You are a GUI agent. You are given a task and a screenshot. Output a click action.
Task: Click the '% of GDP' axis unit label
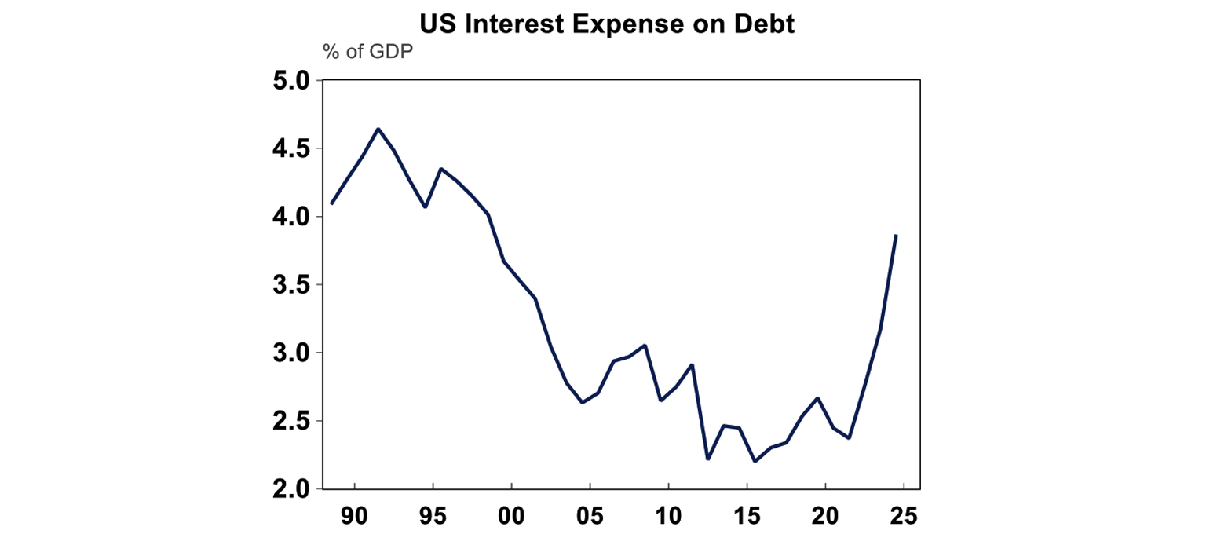click(367, 54)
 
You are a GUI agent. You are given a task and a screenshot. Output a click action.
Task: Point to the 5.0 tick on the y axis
click(292, 81)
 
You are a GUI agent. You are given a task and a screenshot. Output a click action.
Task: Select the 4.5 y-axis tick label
click(292, 149)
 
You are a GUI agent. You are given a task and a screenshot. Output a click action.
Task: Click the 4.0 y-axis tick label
click(292, 217)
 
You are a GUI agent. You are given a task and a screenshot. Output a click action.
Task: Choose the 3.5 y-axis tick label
click(292, 285)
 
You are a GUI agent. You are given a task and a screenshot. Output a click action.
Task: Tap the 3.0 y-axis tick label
click(292, 353)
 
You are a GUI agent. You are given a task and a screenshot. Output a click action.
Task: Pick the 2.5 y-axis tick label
click(292, 422)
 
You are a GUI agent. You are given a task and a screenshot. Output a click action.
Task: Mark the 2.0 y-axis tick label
click(292, 489)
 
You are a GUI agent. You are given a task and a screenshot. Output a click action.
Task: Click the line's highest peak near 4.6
click(378, 129)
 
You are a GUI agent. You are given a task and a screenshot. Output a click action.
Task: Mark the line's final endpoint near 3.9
click(896, 236)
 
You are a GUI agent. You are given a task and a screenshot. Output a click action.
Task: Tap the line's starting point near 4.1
click(331, 203)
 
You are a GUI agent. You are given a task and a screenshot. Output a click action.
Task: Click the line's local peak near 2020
click(818, 398)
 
